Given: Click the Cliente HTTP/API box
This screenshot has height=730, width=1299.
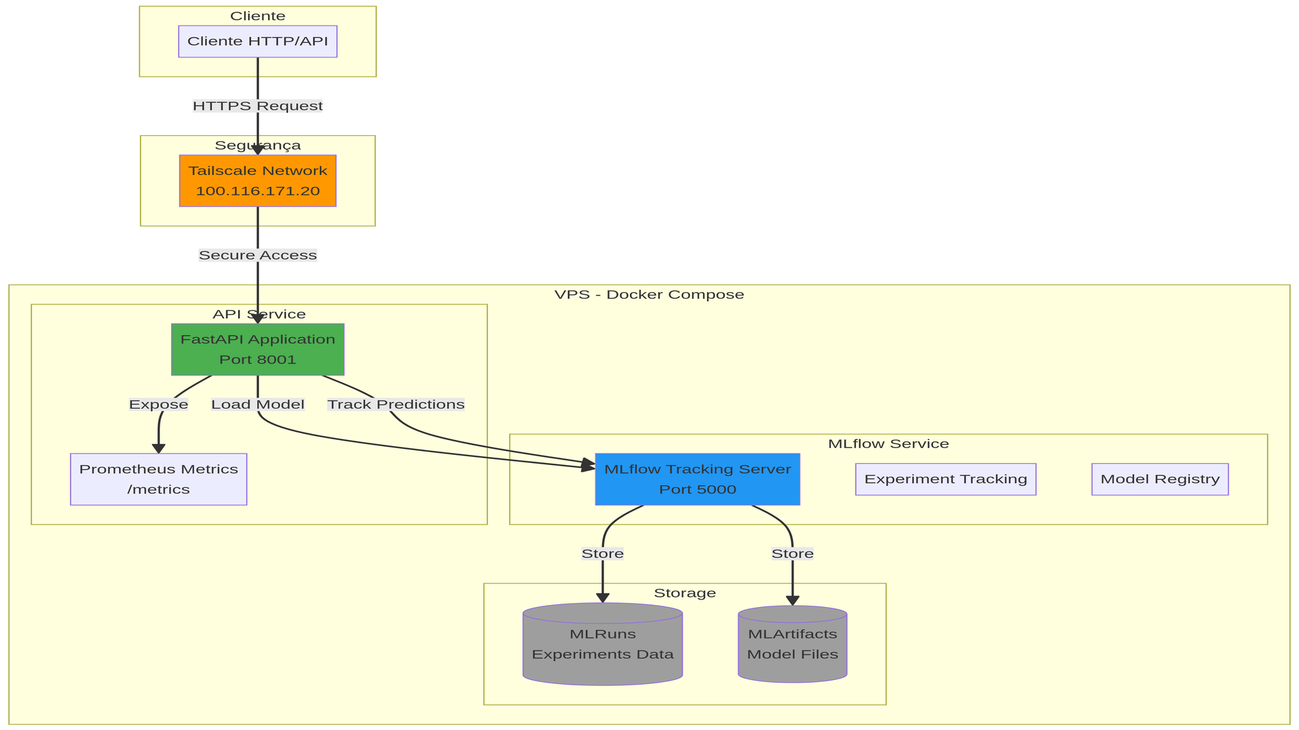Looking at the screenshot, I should click(258, 41).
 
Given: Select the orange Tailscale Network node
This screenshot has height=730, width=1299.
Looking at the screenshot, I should click(258, 181).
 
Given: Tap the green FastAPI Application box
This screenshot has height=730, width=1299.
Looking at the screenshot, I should click(258, 349).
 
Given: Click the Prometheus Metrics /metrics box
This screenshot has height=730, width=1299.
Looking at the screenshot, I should click(158, 479).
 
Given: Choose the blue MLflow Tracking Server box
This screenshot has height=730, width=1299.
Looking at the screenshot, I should click(698, 479).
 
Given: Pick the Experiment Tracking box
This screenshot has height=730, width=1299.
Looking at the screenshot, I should click(945, 479).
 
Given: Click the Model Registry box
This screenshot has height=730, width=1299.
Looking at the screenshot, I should click(1160, 479).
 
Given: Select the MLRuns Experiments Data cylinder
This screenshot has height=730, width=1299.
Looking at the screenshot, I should click(602, 645).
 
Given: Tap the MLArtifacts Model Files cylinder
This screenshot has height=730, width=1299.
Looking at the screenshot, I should click(792, 645).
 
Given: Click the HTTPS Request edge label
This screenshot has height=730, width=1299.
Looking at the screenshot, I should click(258, 106).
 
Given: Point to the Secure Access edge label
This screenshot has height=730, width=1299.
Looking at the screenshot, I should click(258, 255).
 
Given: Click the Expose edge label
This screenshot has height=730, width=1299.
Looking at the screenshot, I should click(158, 405).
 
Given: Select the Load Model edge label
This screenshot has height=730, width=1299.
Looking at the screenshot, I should click(258, 405).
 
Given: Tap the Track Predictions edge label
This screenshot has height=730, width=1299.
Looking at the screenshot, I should click(396, 405).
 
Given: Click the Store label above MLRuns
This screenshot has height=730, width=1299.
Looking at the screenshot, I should click(602, 554).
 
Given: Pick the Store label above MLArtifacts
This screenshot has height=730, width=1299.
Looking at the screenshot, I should click(792, 554).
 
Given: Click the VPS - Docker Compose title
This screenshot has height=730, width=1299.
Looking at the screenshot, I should click(649, 295).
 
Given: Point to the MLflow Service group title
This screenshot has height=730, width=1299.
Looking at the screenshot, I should click(888, 444).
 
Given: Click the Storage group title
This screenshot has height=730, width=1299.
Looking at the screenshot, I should click(685, 593).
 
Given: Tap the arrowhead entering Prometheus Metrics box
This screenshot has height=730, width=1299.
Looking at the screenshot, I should click(158, 449).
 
